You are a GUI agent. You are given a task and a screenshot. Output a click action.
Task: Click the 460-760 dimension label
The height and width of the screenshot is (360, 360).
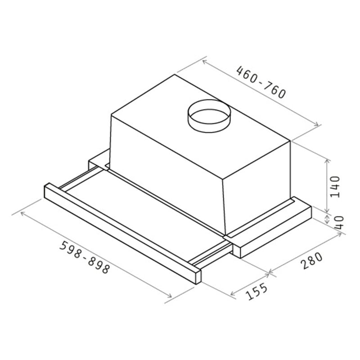(261, 82)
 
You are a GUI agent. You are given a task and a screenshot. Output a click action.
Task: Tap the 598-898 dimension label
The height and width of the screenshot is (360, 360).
(84, 257)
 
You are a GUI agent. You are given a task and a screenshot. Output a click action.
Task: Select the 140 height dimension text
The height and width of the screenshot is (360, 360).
(335, 186)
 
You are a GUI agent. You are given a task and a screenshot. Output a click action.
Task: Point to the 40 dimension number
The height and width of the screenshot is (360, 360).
(339, 222)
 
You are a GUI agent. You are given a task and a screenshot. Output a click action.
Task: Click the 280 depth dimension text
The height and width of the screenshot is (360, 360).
(312, 261)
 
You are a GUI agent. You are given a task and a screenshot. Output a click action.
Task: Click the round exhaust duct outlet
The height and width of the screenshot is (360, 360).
(208, 116)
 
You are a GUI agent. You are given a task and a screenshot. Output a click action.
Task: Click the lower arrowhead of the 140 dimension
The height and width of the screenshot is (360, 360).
(327, 212)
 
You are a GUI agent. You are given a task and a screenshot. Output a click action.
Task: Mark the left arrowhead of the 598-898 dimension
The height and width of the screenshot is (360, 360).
(22, 213)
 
